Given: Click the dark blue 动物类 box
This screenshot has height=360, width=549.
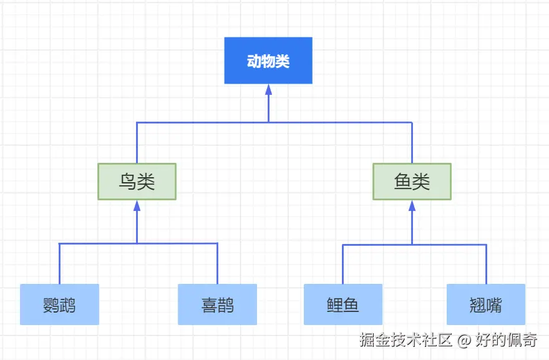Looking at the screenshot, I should pyautogui.click(x=268, y=61).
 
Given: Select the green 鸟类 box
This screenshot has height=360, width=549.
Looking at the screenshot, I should pyautogui.click(x=137, y=182).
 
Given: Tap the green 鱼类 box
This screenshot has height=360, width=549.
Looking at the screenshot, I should pyautogui.click(x=412, y=182).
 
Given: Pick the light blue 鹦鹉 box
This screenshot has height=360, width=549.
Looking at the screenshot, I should pyautogui.click(x=59, y=304).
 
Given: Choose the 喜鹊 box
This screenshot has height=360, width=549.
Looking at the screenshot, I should pyautogui.click(x=217, y=304).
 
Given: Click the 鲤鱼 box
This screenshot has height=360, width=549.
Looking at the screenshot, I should pyautogui.click(x=343, y=304).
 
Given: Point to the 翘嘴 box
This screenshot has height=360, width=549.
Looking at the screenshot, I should pyautogui.click(x=486, y=304).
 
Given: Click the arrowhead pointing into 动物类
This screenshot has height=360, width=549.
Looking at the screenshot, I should pyautogui.click(x=268, y=89).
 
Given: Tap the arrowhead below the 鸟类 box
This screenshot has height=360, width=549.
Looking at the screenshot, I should pyautogui.click(x=137, y=206).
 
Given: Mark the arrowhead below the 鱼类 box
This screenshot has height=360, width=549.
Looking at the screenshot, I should pyautogui.click(x=412, y=206).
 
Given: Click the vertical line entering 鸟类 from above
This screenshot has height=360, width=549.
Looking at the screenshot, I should pyautogui.click(x=137, y=143).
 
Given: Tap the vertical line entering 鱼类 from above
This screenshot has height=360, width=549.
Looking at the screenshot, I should pyautogui.click(x=412, y=143).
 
